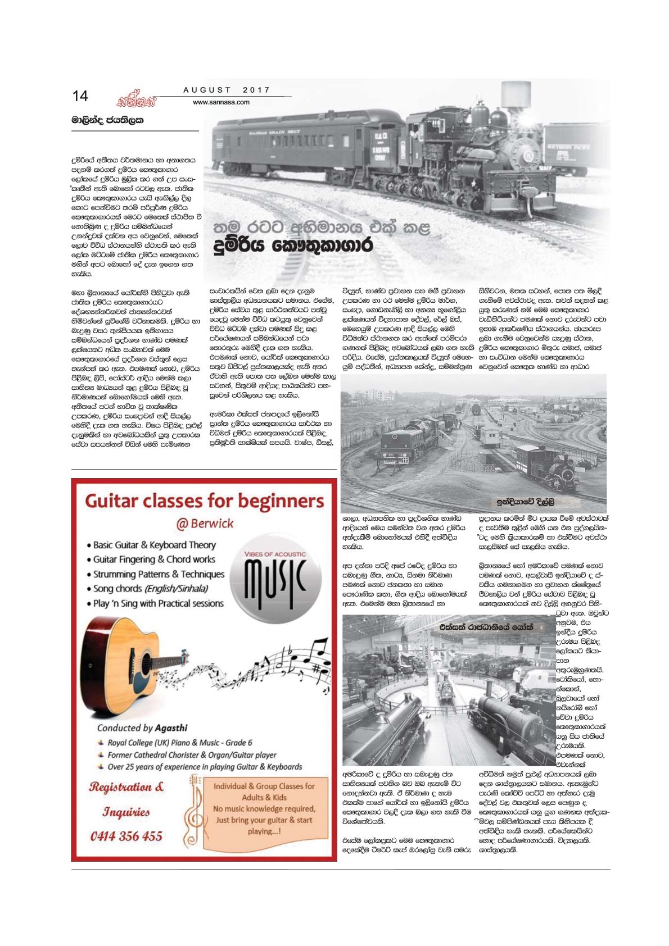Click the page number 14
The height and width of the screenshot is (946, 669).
80,96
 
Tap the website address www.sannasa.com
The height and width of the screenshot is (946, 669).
221,102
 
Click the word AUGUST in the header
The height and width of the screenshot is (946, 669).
207,90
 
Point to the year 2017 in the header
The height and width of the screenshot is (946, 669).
256,90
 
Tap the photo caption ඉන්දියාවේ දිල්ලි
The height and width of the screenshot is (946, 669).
525,502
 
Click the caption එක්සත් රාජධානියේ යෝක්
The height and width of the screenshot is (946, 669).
486,627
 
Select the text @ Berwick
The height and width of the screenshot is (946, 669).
205,524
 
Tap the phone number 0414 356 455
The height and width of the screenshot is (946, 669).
126,836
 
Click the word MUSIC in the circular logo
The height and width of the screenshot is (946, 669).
274,579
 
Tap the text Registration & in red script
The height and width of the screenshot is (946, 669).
126,787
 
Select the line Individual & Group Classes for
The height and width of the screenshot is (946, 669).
264,786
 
